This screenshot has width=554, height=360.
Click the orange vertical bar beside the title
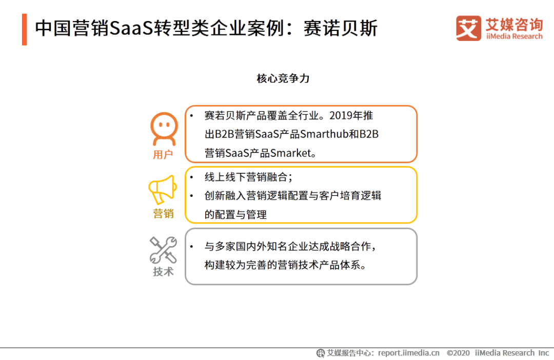(x=25, y=30)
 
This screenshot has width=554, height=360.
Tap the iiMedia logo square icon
(x=468, y=28)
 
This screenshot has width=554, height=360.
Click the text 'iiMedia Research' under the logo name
(x=514, y=36)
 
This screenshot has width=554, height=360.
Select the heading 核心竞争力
(x=283, y=78)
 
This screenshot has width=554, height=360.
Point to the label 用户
(x=163, y=154)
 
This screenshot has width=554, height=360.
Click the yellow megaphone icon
(x=162, y=190)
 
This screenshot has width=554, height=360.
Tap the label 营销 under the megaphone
(x=163, y=213)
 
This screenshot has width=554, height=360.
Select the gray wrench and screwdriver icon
(x=163, y=250)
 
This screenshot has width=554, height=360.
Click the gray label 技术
(x=163, y=271)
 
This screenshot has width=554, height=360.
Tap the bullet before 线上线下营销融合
(x=191, y=176)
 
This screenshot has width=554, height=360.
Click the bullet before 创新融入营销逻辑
(x=191, y=195)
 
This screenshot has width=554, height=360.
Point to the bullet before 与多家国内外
(x=191, y=246)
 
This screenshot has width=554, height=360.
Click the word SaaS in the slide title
(x=132, y=28)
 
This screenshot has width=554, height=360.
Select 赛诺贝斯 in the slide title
(x=341, y=28)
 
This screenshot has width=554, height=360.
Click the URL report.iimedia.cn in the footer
(x=409, y=353)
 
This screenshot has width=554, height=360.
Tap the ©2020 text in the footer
(x=458, y=353)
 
